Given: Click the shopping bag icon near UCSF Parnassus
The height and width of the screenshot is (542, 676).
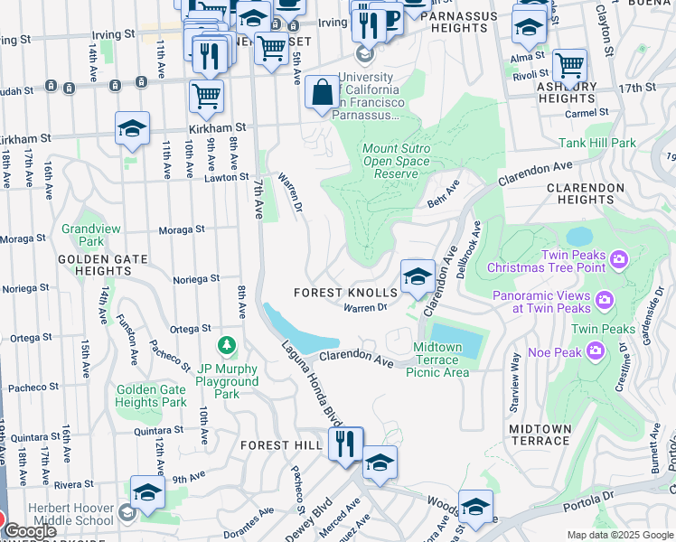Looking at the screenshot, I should coord(322,92).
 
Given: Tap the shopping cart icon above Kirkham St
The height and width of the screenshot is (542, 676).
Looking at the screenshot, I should coord(207,96).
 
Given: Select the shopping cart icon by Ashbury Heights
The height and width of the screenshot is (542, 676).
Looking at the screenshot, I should coord(569,65).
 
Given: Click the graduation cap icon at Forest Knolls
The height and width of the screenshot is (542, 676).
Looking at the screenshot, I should coord(417,276).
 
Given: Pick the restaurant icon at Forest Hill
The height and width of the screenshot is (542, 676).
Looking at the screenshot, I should coord(345,444).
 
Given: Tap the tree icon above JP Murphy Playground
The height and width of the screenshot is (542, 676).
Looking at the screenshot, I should coord(226,346).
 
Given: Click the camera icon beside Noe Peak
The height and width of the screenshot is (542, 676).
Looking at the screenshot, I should coord(596,350).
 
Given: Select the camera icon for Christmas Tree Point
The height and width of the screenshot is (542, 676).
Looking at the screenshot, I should coord(619,260).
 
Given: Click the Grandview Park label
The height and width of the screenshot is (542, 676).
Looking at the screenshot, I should coord(90,235).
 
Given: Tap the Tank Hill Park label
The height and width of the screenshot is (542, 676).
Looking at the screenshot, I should coord(597,143).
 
